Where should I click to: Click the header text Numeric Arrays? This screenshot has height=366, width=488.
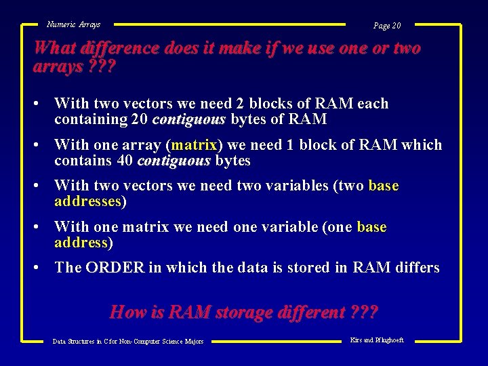point(73,24)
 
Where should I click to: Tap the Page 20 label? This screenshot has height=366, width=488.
point(387,26)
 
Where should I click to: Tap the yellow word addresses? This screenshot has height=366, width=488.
point(87,201)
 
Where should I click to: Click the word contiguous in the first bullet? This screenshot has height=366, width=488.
point(189,120)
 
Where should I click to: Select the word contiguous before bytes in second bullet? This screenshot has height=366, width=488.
point(174,161)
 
